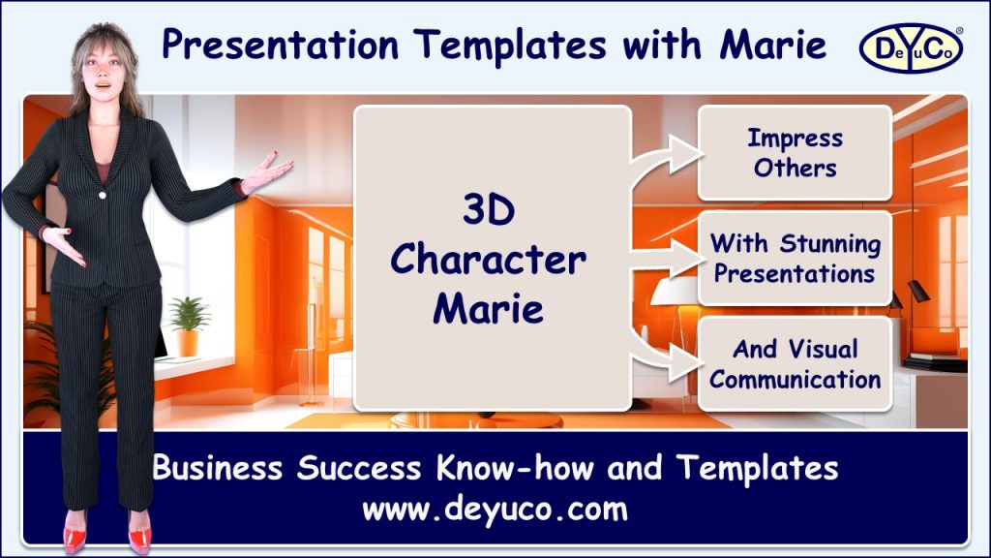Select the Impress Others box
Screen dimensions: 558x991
795,152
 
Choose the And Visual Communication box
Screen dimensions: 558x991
795,363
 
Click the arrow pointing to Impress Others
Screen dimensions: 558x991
667,156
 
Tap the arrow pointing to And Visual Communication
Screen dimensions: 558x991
667,355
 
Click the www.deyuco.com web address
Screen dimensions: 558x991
495,508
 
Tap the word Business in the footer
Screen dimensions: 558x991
219,469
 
